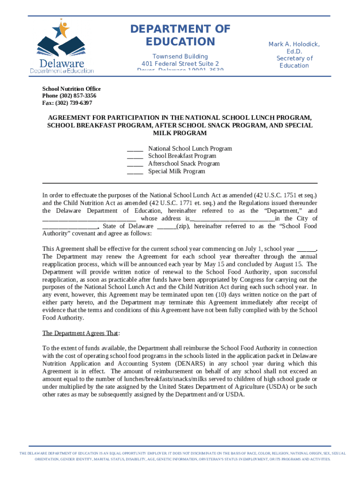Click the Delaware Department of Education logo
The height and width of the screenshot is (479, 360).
62,47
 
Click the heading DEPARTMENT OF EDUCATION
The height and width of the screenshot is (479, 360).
180,36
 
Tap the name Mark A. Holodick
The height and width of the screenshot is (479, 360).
294,44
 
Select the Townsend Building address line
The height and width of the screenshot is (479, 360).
180,57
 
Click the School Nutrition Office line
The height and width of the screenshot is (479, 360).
71,89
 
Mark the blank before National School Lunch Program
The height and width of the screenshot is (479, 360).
135,149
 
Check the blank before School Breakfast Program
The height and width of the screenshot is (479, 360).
135,157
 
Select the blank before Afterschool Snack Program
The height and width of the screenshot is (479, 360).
135,165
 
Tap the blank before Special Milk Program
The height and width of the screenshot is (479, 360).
135,172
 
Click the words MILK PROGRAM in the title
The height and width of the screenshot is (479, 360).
180,133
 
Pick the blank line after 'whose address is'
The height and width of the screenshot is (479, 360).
232,219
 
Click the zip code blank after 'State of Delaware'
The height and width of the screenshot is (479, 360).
166,227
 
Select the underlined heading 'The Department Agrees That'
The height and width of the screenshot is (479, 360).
80,333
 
